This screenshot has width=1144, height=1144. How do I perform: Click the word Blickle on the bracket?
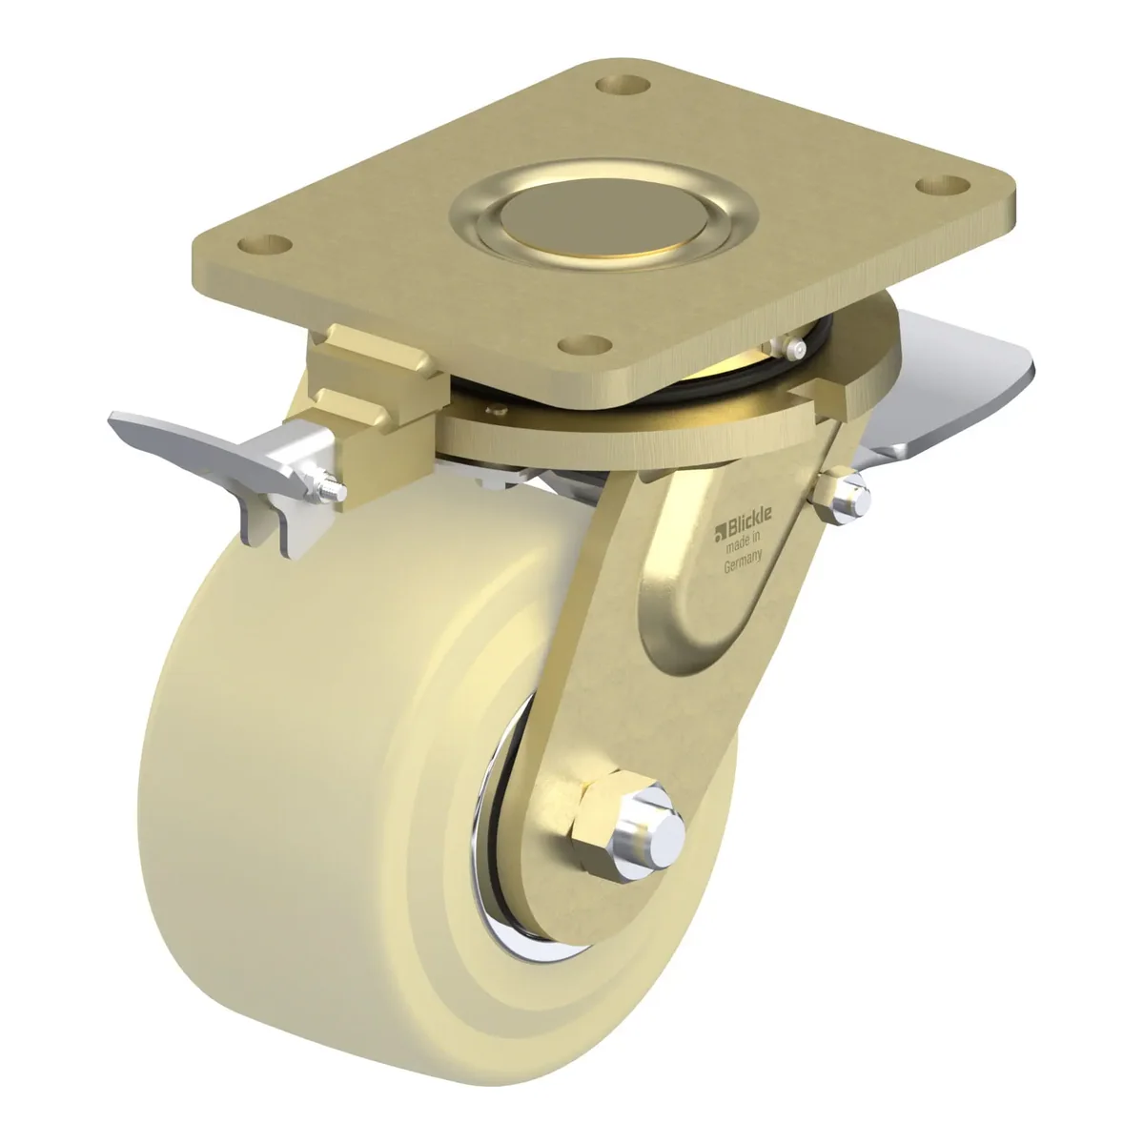(x=750, y=517)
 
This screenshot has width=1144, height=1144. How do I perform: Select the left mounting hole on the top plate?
(x=265, y=243)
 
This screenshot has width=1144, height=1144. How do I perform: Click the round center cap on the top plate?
(x=603, y=218)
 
